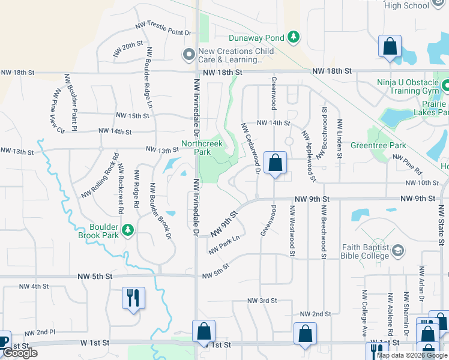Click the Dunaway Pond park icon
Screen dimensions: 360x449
[294, 38]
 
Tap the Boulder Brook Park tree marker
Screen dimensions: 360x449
[127, 230]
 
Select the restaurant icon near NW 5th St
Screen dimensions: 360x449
[133, 297]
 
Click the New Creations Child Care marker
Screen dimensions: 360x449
[189, 55]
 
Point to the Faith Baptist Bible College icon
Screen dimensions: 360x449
[397, 250]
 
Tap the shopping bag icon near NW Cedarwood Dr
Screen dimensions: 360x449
[275, 163]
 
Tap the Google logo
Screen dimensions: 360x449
[20, 353]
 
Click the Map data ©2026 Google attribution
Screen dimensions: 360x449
[412, 355]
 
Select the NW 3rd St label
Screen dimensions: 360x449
[262, 300]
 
